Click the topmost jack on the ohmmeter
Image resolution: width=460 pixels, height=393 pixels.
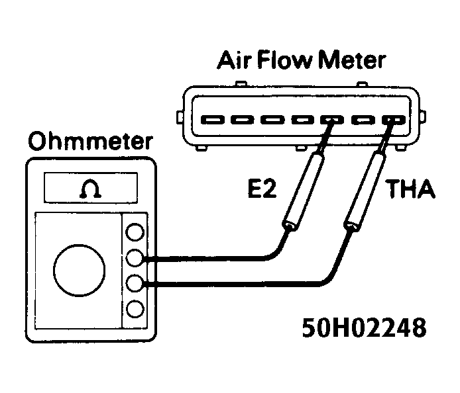point(135,232)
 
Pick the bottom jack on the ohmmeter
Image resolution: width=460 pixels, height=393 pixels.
point(135,309)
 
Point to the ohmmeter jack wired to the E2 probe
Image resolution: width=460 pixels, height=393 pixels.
point(135,258)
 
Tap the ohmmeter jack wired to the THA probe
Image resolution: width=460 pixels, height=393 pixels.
point(135,284)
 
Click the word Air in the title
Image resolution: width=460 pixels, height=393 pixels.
point(235,61)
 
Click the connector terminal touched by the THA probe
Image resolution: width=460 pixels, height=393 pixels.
point(392,120)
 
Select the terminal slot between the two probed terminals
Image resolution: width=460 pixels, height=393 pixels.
point(362,120)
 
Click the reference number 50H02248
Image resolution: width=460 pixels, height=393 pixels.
point(364,327)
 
